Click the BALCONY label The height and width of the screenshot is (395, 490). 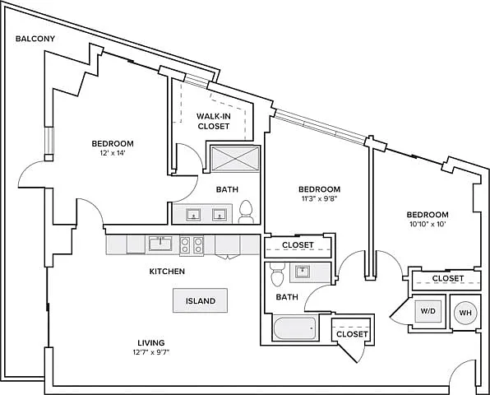[35, 39]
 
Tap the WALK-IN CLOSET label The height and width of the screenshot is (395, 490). [214, 121]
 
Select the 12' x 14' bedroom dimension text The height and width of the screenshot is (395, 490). [113, 153]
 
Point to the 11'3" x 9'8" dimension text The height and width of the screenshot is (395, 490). [319, 198]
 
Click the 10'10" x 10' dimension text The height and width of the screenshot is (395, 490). [428, 224]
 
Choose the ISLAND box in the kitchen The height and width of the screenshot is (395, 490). [201, 300]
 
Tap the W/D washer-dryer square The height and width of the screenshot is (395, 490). [428, 311]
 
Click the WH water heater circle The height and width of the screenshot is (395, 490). [465, 313]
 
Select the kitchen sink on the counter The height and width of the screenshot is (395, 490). [160, 244]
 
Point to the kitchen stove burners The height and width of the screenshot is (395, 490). [192, 245]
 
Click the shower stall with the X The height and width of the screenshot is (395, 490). [235, 159]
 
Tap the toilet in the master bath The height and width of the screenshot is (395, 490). [246, 211]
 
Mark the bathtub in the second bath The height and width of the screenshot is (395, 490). [294, 328]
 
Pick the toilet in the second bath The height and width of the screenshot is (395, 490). [278, 274]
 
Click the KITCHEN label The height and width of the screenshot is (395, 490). [167, 272]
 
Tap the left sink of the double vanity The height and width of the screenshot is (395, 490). [193, 215]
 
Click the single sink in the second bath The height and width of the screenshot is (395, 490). [302, 272]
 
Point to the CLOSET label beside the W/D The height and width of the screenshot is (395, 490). [448, 278]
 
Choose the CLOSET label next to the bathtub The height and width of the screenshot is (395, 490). [352, 334]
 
